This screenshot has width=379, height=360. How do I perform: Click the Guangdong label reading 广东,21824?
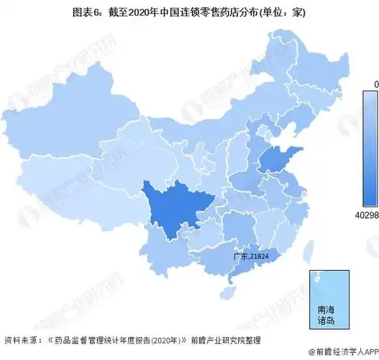click(250, 256)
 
